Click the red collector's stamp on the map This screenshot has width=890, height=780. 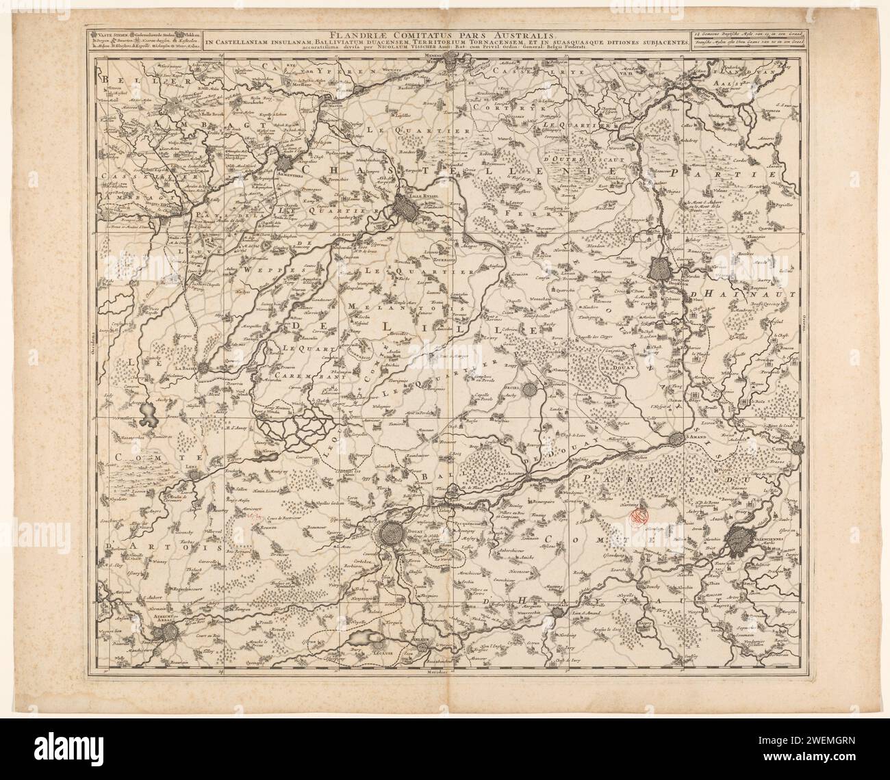point(639,517)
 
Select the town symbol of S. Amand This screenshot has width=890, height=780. point(678,439)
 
